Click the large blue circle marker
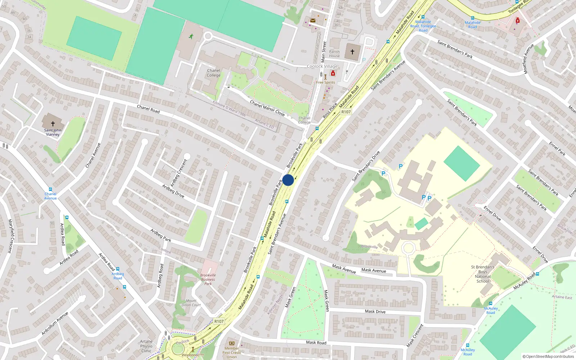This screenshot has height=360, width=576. pos(288,180)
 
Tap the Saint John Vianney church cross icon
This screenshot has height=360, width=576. pos(53,123)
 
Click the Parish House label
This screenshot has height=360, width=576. pos(334,54)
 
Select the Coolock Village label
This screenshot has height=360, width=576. pos(322,66)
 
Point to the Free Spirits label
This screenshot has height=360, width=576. pos(325,82)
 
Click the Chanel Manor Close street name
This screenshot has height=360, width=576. pos(267,108)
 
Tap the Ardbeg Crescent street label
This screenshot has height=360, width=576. pos(179,173)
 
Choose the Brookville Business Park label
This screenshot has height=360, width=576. pos(208,279)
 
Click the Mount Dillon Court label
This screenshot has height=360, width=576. pos(191,303)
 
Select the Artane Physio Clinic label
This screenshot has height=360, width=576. pos(146,346)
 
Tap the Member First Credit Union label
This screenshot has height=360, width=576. pos(232,352)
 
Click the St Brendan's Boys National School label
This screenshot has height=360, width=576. pos(483,274)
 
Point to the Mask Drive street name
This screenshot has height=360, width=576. pos(375,311)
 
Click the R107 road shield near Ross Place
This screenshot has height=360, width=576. pos(346,112)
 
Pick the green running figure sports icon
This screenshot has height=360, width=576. pos(191,36)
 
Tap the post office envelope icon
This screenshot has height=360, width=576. pos(313,21)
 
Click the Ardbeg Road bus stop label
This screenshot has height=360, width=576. pos(118,276)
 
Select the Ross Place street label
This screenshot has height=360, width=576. pos(330,111)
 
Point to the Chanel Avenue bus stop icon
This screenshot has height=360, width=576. pos(50,189)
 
